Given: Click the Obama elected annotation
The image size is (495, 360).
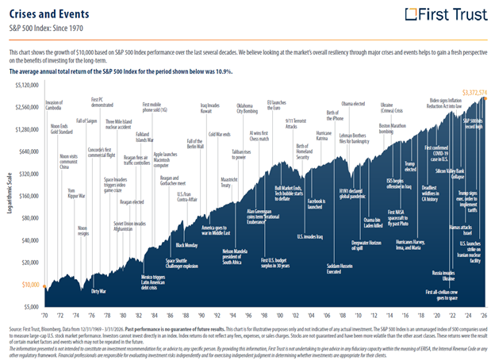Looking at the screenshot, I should [x=352, y=104].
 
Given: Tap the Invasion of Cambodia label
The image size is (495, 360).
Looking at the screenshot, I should [x=53, y=107].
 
